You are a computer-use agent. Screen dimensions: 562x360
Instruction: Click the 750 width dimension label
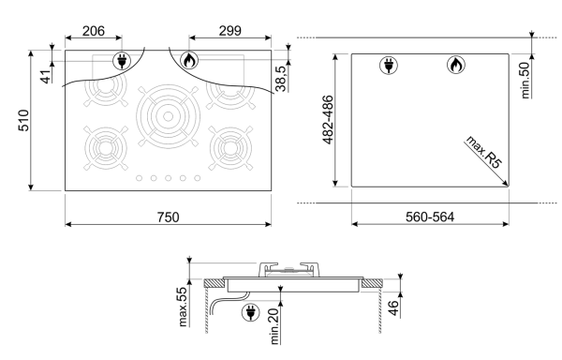(168, 217)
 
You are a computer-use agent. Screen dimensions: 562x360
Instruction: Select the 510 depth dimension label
(23, 121)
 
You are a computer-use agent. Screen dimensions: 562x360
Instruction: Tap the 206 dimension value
(94, 31)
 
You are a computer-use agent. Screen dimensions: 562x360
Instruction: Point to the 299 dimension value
(230, 31)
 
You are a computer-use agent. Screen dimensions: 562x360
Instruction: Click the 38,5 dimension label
(281, 79)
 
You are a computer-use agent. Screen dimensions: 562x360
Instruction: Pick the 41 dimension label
(46, 77)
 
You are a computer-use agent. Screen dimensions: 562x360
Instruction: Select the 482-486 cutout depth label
(328, 120)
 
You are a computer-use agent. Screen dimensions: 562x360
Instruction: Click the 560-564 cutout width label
(430, 217)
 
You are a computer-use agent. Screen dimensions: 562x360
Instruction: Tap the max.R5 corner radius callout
(484, 152)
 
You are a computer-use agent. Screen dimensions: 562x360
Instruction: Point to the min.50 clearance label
(525, 81)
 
